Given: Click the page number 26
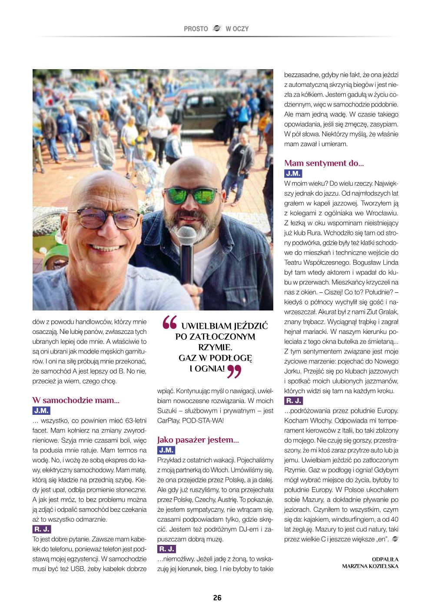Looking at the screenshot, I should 217,597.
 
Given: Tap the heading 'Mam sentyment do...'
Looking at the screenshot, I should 324,164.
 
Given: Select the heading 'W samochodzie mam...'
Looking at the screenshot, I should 76,400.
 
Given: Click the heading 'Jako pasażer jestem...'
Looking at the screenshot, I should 198,440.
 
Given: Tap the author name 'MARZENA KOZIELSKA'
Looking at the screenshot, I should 370,566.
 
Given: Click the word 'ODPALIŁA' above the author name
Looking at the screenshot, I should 385,559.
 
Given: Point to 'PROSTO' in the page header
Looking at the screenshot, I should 196,29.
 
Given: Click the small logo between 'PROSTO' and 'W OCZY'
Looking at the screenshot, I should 217,29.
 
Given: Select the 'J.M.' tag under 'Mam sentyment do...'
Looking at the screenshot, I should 293,174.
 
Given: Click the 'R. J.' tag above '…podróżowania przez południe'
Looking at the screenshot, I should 294,400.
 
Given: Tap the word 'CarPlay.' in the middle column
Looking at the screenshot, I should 169,420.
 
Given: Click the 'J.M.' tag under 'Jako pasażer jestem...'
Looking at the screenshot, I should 166,450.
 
